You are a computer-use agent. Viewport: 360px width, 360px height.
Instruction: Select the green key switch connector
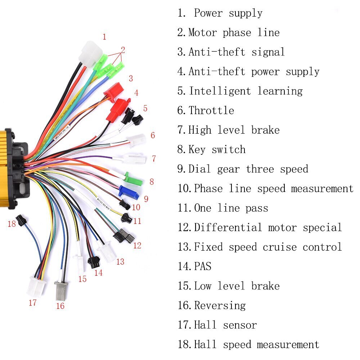click(x=133, y=177)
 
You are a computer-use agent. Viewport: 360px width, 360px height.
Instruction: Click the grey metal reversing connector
click(x=60, y=291)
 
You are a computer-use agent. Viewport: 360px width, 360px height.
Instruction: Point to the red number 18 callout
click(x=12, y=224)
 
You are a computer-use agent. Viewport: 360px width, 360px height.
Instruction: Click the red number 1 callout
click(x=104, y=37)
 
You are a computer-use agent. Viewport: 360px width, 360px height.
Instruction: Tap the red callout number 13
click(x=120, y=262)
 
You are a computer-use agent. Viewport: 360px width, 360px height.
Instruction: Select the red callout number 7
click(x=154, y=159)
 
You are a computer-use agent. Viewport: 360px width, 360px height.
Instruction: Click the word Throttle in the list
click(x=211, y=111)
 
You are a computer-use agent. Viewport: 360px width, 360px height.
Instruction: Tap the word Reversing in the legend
click(x=220, y=306)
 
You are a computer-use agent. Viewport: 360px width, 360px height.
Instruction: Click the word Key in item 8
click(x=197, y=149)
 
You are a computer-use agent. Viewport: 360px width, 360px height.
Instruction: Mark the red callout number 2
click(x=123, y=49)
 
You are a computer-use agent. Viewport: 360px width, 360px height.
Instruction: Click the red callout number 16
click(x=60, y=306)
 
